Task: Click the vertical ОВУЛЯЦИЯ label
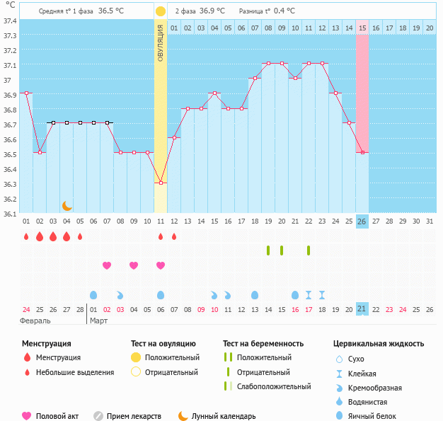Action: point(161,43)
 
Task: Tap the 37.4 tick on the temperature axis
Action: point(10,21)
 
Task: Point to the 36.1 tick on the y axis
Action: point(10,214)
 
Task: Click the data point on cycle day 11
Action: point(161,183)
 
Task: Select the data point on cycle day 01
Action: point(26,93)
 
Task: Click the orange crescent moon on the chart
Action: point(67,205)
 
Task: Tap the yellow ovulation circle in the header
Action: point(161,11)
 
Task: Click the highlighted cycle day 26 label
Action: point(362,221)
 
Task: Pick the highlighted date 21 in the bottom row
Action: point(362,308)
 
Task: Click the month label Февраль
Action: point(35,321)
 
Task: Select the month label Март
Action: point(98,321)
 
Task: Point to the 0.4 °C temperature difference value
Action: point(285,11)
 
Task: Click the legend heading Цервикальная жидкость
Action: point(379,344)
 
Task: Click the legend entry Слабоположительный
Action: point(274,386)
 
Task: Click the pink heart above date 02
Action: point(107,265)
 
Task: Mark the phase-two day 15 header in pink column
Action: point(362,28)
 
